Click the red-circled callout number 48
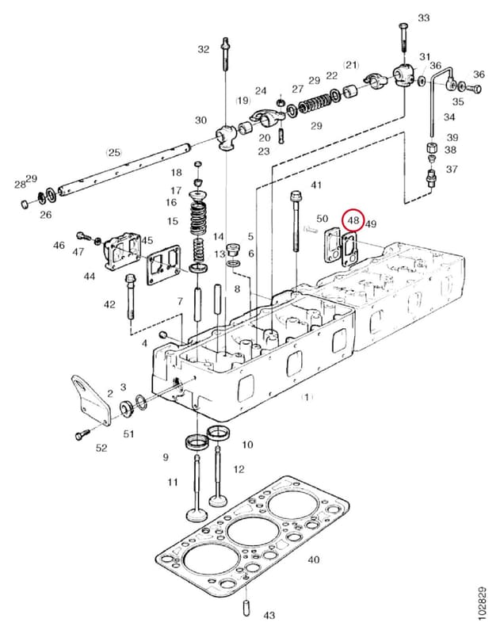pyautogui.click(x=353, y=220)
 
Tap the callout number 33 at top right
pyautogui.click(x=424, y=17)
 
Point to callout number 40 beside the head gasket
pyautogui.click(x=314, y=560)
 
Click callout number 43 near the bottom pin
pyautogui.click(x=269, y=616)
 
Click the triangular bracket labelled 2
pyautogui.click(x=92, y=400)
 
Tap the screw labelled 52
pyautogui.click(x=82, y=435)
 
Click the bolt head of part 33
pyautogui.click(x=403, y=27)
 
